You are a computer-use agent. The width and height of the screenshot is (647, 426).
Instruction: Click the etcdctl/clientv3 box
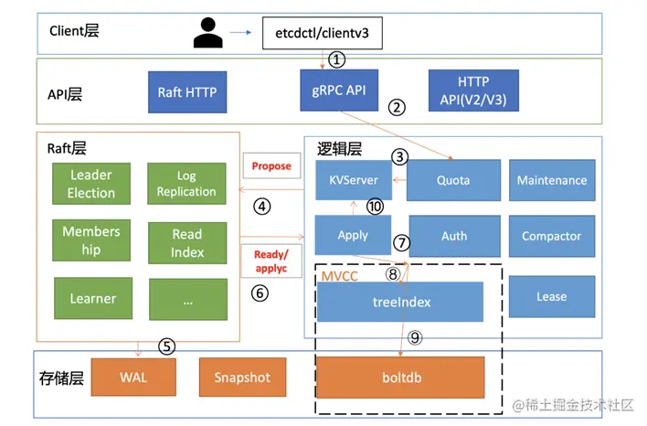[323, 33]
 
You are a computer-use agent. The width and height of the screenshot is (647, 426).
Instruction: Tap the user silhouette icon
[208, 33]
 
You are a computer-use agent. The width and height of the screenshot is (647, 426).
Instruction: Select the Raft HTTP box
[187, 92]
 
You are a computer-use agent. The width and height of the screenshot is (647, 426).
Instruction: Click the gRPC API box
[339, 91]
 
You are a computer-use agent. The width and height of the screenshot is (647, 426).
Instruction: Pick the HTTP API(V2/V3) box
[473, 91]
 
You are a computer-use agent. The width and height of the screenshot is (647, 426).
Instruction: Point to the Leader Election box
[91, 184]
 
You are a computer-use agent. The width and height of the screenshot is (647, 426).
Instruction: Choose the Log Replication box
[186, 184]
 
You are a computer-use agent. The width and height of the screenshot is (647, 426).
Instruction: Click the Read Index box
[187, 243]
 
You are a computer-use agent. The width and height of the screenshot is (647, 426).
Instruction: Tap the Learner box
[93, 298]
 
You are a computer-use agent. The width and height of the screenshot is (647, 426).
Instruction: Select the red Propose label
[271, 166]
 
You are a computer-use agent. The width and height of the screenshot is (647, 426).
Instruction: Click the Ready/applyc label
[271, 261]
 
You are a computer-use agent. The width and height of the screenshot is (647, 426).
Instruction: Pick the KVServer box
[354, 180]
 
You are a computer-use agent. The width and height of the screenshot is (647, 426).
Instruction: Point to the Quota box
[453, 180]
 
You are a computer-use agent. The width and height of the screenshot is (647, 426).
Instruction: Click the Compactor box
[552, 236]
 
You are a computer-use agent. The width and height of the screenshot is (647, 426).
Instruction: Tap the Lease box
[552, 296]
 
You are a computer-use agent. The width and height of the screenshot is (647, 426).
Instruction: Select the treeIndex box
[400, 302]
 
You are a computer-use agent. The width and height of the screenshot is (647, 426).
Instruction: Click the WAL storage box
[133, 378]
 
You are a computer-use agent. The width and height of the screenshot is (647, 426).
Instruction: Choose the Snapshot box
[243, 378]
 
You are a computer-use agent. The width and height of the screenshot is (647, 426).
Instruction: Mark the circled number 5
[166, 346]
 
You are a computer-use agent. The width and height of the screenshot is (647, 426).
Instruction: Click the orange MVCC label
[340, 276]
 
